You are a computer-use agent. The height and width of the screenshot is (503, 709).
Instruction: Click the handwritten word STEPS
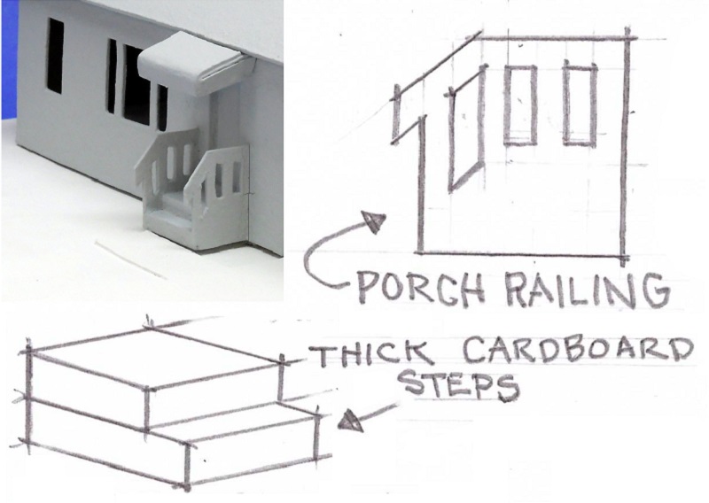(457, 385)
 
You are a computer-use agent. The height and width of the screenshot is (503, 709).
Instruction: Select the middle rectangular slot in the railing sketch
(519, 104)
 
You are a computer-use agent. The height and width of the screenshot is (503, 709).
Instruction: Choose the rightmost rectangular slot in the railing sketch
(579, 104)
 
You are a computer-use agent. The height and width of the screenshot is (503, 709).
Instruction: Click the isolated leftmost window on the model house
(55, 55)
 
